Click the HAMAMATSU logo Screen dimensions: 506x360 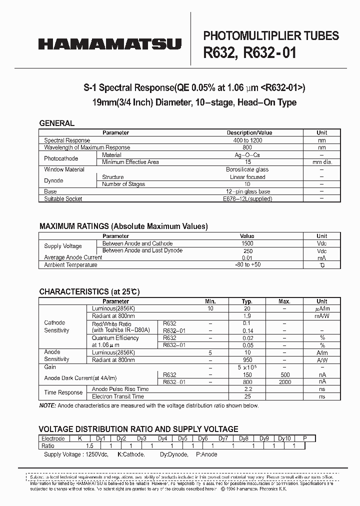tap(110, 45)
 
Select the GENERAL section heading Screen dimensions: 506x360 tap(56, 123)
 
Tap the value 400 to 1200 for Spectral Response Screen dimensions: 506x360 tap(247, 140)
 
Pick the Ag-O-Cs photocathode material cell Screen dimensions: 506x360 tap(247, 155)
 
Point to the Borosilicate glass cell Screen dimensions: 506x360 tap(247, 169)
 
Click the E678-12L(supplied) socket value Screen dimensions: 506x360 tap(247, 198)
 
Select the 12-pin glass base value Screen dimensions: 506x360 tap(247, 191)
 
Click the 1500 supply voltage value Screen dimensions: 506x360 tap(247, 243)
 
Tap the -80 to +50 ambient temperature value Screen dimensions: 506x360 tap(247, 265)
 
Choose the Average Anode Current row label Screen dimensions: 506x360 tap(73, 257)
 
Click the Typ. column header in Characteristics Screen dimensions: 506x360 tap(247, 301)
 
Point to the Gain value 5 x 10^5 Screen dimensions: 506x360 tap(247, 367)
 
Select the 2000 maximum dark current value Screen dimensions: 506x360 tap(284, 382)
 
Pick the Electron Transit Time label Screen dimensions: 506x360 tap(117, 396)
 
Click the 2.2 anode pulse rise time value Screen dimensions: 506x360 tap(247, 389)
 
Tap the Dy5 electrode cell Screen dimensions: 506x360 tap(182, 438)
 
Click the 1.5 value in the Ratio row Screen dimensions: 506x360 tap(90, 445)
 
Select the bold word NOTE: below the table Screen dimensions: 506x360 tap(48, 405)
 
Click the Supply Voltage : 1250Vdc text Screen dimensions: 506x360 tap(76, 454)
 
